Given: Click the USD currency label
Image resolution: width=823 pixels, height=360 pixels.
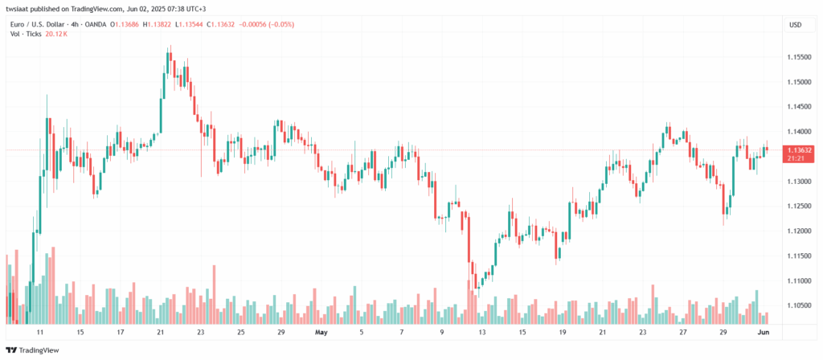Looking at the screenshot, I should pyautogui.click(x=795, y=25).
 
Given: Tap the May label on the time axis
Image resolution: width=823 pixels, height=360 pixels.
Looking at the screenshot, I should pyautogui.click(x=321, y=331).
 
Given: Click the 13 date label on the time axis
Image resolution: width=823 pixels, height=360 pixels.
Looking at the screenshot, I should pyautogui.click(x=482, y=331).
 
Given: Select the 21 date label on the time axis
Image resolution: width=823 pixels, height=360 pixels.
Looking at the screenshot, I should pyautogui.click(x=161, y=331).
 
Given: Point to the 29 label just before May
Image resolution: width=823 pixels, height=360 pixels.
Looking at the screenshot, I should pyautogui.click(x=280, y=331).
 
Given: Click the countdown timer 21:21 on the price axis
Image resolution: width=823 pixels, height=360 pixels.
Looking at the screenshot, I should pyautogui.click(x=795, y=158).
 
